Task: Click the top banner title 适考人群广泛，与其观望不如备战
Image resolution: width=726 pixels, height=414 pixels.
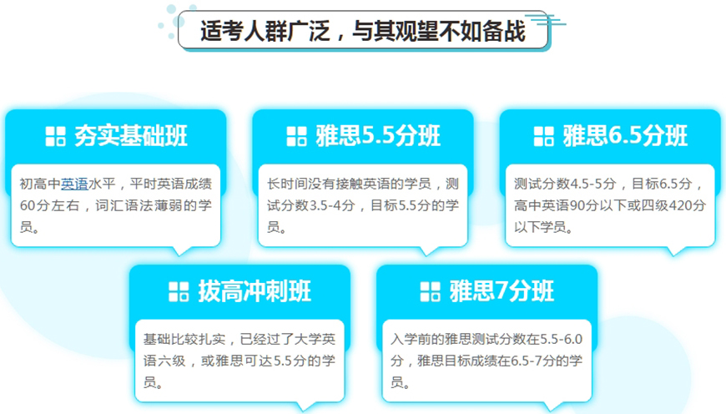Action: coord(363,31)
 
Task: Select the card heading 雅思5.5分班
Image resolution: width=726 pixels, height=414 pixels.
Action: coord(378,135)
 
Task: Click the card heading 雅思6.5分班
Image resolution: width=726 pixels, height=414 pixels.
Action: coord(625,135)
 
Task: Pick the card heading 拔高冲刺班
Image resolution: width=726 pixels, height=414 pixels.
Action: coord(254,290)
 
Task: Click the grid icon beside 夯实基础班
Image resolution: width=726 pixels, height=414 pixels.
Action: coord(55,136)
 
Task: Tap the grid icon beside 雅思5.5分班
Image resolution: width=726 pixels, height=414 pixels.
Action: coord(297,136)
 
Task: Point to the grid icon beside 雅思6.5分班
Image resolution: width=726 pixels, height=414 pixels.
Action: coord(544,136)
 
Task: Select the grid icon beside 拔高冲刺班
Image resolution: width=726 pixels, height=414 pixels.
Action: coord(179,291)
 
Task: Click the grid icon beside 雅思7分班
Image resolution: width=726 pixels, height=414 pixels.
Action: coord(430,291)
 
